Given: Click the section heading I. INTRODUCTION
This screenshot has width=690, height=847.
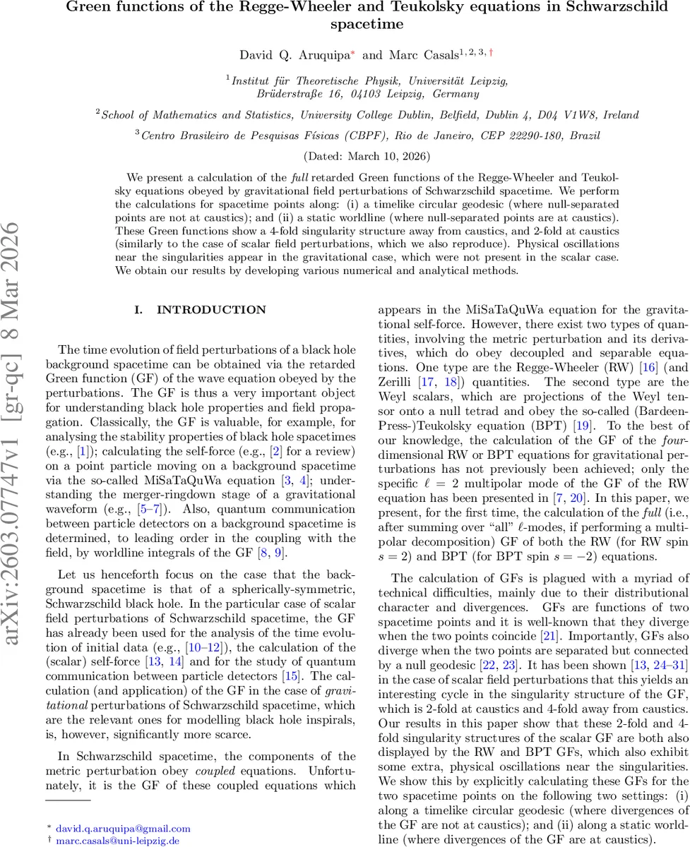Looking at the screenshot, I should pos(201,310).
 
